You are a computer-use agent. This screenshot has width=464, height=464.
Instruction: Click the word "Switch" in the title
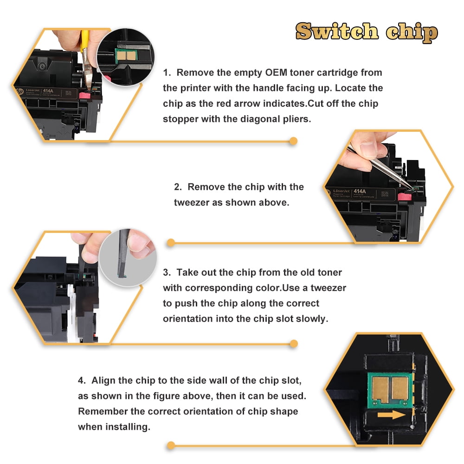[x=337, y=31]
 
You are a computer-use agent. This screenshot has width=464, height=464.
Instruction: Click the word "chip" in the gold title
[x=412, y=33]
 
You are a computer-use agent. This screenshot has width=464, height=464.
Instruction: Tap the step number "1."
[x=167, y=72]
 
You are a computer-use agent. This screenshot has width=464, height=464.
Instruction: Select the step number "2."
[x=178, y=187]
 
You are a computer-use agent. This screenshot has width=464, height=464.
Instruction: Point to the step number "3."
[x=167, y=272]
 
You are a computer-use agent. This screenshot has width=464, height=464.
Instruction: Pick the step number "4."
[x=82, y=380]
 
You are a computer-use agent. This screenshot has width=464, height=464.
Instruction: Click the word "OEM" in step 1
[x=276, y=72]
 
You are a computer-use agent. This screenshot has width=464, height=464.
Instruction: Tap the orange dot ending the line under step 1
[x=293, y=141]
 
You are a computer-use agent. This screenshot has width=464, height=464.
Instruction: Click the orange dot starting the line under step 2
[x=171, y=243]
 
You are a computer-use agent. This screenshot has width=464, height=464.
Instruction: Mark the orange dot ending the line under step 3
[x=294, y=344]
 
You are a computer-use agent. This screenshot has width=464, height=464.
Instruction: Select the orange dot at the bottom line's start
[x=171, y=445]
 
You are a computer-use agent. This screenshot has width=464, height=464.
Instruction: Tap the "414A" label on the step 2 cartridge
[x=360, y=192]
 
